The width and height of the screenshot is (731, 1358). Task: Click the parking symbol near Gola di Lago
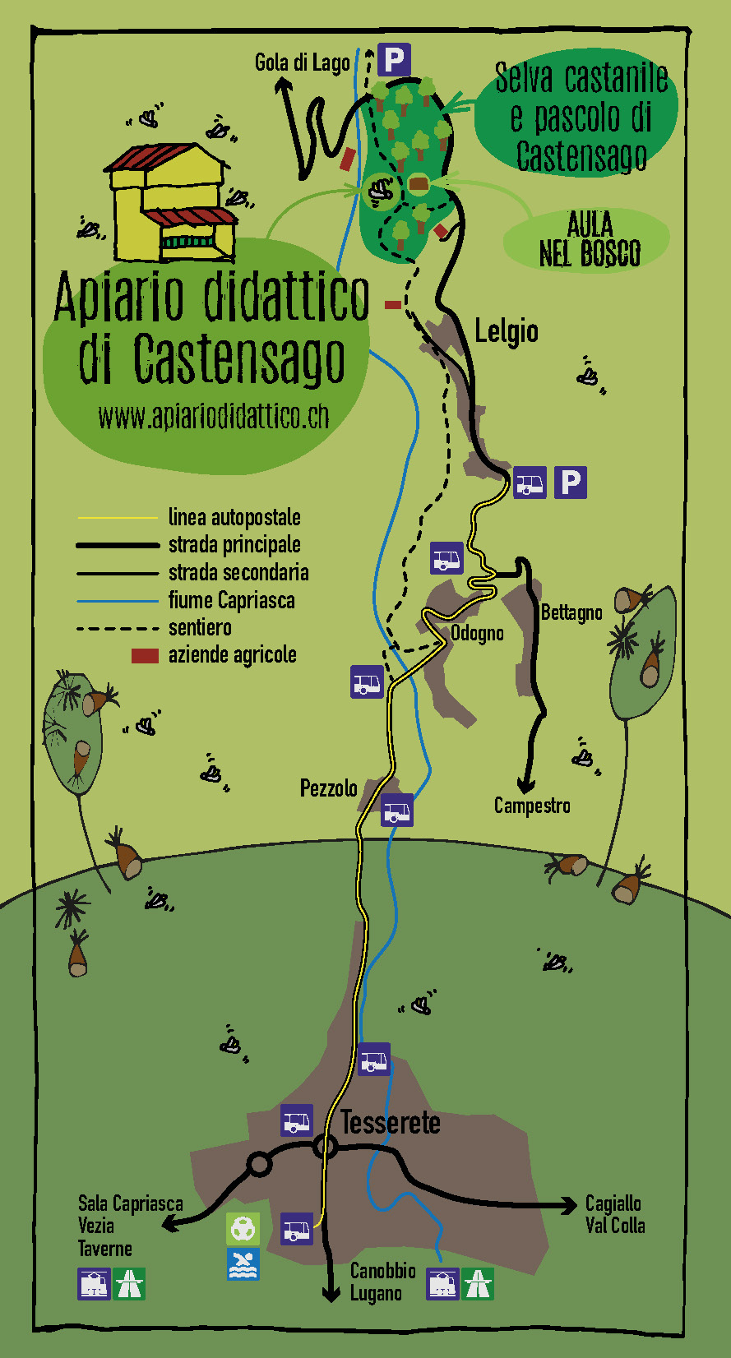(394, 60)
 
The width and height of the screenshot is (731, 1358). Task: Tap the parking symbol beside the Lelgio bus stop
(570, 482)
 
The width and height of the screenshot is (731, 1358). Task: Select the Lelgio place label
(507, 331)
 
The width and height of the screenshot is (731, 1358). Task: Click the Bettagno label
(571, 612)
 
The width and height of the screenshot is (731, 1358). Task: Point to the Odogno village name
(477, 633)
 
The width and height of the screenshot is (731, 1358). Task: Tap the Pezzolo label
(328, 788)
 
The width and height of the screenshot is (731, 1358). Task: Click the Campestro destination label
(532, 806)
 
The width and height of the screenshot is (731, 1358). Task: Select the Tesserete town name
(391, 1122)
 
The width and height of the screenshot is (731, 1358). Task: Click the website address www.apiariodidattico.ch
(214, 417)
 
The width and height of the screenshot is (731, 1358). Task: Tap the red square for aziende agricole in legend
(145, 655)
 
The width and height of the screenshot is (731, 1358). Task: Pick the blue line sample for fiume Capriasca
(117, 601)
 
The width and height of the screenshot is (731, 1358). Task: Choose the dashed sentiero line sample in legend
(117, 629)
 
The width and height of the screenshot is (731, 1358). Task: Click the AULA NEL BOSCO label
(590, 239)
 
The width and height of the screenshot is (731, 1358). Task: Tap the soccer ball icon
(243, 1229)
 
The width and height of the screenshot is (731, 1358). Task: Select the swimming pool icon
(243, 1264)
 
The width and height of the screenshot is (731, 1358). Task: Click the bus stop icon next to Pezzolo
(397, 811)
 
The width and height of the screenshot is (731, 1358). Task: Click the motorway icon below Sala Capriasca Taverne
(129, 1283)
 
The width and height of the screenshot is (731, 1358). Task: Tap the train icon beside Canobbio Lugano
(442, 1283)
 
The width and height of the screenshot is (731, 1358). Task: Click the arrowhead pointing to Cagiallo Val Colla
(568, 1206)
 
